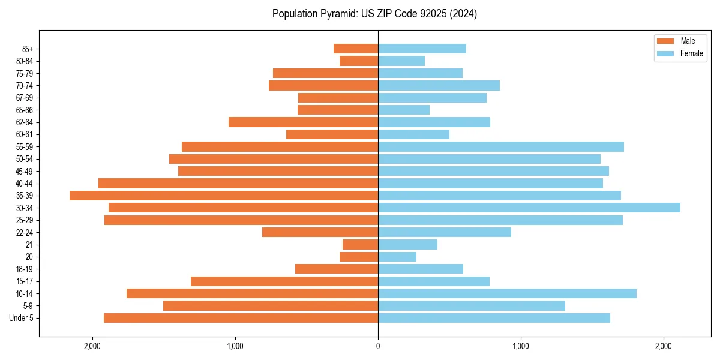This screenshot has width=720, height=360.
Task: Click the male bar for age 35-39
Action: (x=224, y=196)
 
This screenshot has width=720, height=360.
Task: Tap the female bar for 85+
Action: (x=422, y=49)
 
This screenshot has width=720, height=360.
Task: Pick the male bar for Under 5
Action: (x=241, y=318)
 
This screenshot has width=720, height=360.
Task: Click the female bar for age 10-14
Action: (x=507, y=293)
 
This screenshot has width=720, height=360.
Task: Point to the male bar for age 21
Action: (x=360, y=245)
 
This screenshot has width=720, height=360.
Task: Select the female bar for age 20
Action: (x=397, y=257)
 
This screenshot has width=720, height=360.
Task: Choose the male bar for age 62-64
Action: (x=303, y=122)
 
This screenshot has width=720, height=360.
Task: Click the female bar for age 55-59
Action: (x=501, y=146)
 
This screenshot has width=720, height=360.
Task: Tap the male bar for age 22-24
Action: (x=320, y=232)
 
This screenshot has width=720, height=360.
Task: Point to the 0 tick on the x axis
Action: (x=378, y=346)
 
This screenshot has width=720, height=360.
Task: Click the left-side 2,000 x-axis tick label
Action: (x=92, y=346)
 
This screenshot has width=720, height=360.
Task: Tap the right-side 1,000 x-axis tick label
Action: (x=520, y=346)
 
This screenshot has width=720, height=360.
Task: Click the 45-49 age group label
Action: (x=25, y=171)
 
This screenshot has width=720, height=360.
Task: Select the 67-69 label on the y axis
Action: (x=25, y=98)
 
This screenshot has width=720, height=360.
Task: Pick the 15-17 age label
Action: (x=25, y=281)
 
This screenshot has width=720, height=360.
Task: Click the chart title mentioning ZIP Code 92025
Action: (x=374, y=14)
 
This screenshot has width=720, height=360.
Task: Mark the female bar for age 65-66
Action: (x=404, y=110)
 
